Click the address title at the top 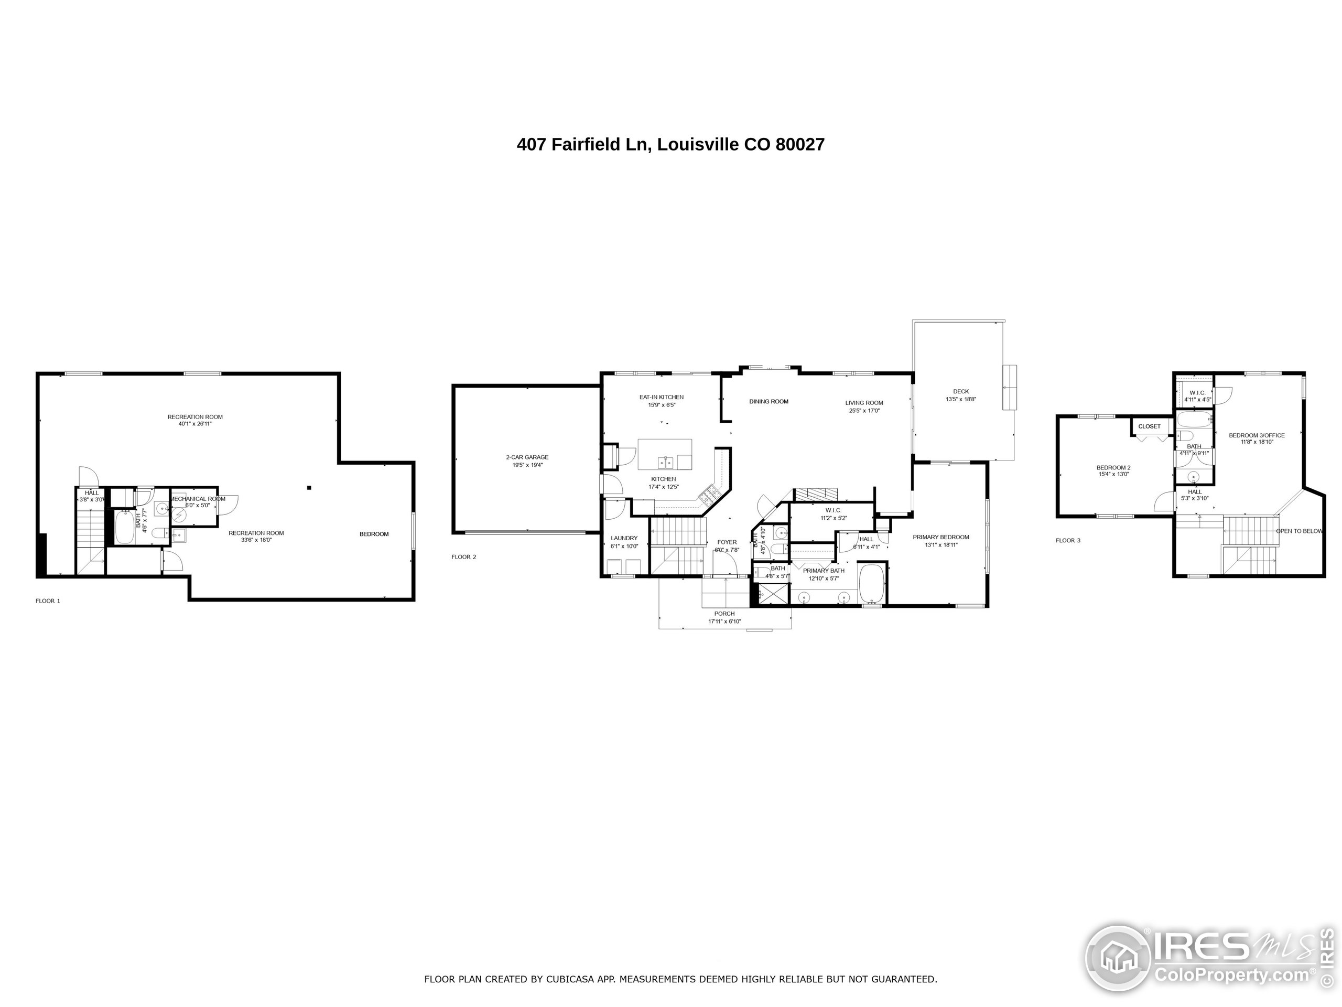[x=670, y=144]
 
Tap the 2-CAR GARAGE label [x=527, y=457]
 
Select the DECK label [x=961, y=391]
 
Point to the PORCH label [x=724, y=614]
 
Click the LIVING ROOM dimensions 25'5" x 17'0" [x=864, y=411]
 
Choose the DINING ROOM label [x=769, y=401]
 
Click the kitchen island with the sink [x=665, y=455]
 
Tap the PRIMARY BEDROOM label [x=941, y=537]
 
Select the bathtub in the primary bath [x=872, y=584]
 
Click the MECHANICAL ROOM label [x=198, y=499]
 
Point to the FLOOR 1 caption [x=48, y=601]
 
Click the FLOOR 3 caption [x=1068, y=540]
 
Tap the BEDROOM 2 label [x=1113, y=467]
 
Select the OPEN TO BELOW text [x=1299, y=531]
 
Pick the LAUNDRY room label [x=624, y=538]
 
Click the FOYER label [x=727, y=542]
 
